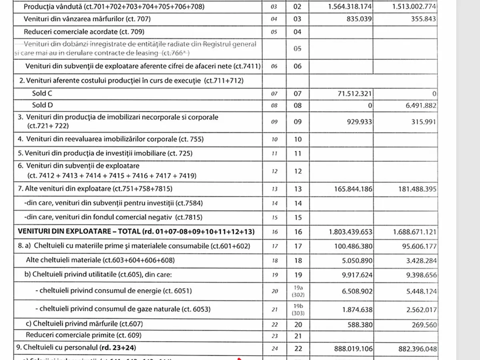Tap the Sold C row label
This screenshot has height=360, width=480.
[x=42, y=94]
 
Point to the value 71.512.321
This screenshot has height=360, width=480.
[x=350, y=94]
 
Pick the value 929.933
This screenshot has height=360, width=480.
[x=358, y=122]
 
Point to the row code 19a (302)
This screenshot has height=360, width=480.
[x=298, y=291]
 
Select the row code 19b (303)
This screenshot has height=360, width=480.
[x=298, y=310]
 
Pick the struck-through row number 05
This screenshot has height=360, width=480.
[x=298, y=49]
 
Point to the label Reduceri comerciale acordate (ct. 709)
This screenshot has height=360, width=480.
[x=84, y=32]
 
